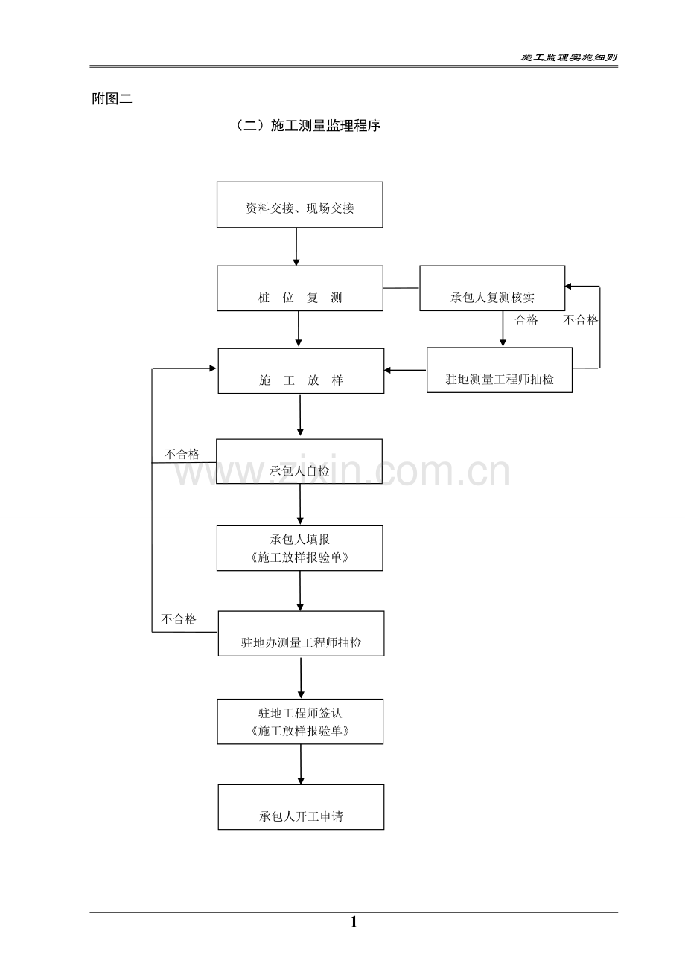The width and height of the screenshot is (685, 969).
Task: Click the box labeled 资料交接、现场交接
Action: click(x=299, y=205)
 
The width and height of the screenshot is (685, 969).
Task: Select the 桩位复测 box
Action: click(x=299, y=289)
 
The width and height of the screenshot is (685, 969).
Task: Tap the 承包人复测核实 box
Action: click(x=492, y=289)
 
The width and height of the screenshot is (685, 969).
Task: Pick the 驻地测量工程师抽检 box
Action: click(x=500, y=371)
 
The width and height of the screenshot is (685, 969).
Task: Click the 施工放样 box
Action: click(x=301, y=371)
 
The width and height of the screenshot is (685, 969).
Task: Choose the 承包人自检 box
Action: click(x=299, y=461)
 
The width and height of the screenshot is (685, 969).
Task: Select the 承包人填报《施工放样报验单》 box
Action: click(x=299, y=549)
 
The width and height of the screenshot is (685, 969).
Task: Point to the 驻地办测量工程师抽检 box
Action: click(x=301, y=634)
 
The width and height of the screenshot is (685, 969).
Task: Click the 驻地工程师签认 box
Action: click(x=300, y=722)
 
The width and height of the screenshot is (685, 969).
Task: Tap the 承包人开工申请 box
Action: click(x=301, y=808)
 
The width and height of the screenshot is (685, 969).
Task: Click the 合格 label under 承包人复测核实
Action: click(x=526, y=321)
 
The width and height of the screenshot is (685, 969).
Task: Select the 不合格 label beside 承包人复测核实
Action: click(x=581, y=321)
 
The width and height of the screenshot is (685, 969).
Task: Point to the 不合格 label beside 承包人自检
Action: click(x=182, y=454)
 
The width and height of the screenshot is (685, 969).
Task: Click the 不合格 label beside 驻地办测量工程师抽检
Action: click(x=179, y=619)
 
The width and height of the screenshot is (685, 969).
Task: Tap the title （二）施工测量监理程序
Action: click(x=308, y=127)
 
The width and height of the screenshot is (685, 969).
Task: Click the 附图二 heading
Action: click(x=112, y=99)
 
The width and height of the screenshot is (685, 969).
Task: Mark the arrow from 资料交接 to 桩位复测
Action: click(x=296, y=246)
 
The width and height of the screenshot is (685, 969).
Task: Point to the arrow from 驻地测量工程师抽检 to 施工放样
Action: click(x=405, y=370)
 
